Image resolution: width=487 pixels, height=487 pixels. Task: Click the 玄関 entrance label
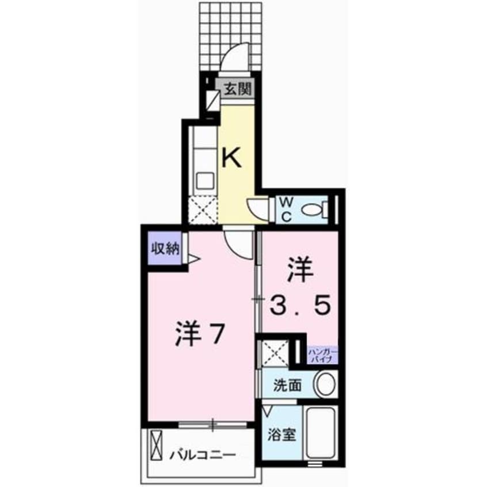tap(235, 90)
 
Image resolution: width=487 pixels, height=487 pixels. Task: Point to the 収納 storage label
tap(166, 248)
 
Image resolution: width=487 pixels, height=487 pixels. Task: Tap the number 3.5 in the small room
tap(302, 305)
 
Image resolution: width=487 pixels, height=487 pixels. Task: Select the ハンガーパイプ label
tap(322, 353)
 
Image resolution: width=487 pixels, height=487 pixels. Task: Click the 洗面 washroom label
tap(288, 385)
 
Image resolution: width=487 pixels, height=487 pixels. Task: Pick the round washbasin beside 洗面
tap(326, 383)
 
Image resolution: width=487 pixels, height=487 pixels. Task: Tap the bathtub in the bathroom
tap(321, 433)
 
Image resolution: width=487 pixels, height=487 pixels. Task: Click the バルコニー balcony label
tap(203, 454)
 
